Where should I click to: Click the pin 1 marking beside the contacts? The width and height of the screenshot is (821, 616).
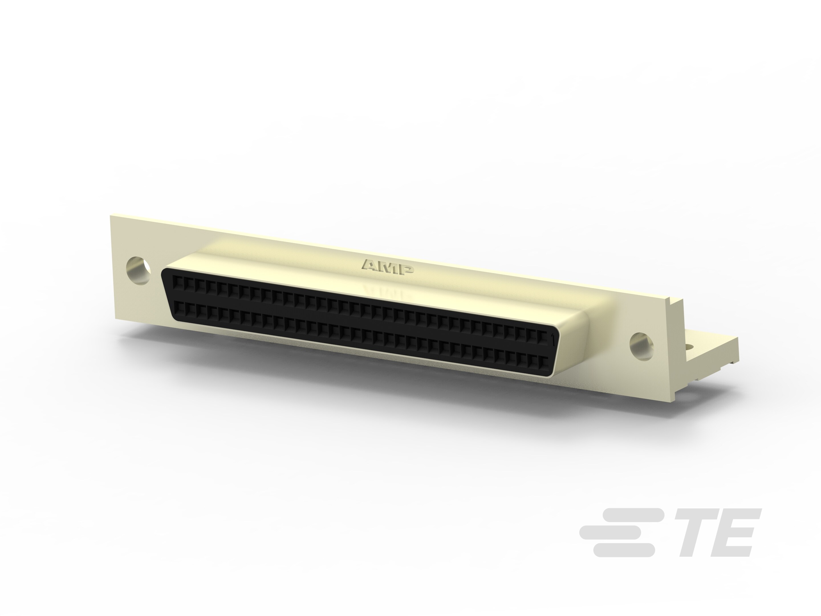[x=553, y=339]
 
